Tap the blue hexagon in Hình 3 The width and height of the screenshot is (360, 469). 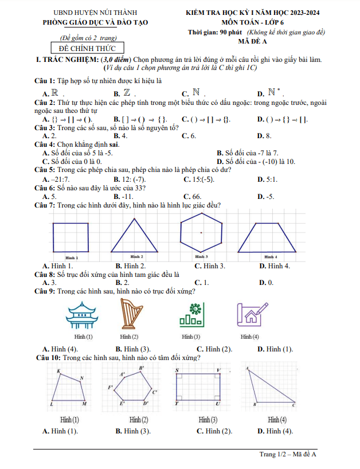tap(201, 232)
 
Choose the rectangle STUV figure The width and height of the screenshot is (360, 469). tap(198, 388)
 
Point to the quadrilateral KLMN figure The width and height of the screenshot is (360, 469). tap(69, 389)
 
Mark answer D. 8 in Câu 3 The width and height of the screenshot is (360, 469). tap(264, 136)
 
